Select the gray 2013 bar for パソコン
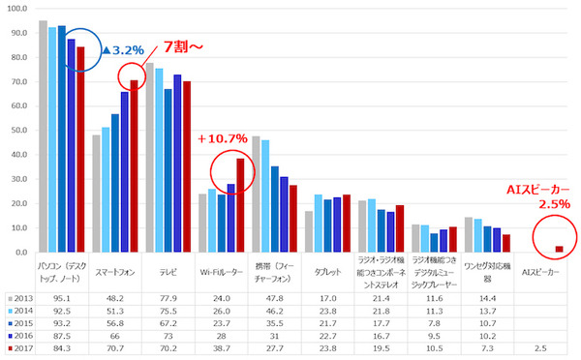click(43, 135)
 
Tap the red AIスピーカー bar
click(559, 249)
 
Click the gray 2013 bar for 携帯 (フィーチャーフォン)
click(257, 194)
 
